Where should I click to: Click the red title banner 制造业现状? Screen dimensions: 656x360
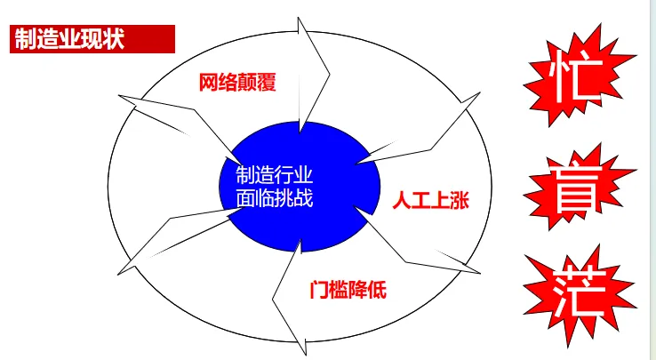coord(92,40)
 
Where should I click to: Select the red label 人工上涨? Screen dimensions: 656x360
coord(430,201)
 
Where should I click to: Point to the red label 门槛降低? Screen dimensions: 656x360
coord(348,290)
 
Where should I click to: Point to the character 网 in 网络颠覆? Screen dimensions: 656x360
coord(207,84)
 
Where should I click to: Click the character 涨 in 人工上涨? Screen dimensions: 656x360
coord(459,201)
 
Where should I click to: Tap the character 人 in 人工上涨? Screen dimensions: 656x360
coord(401,201)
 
